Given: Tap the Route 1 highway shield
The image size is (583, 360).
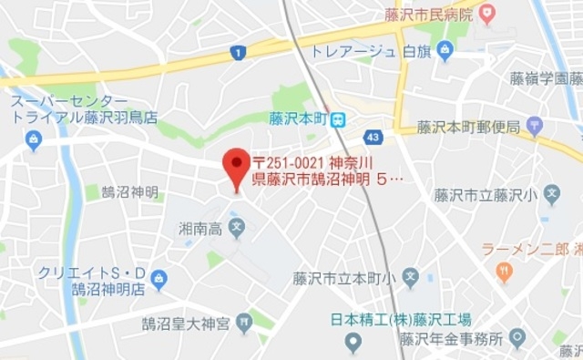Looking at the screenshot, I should [238, 53].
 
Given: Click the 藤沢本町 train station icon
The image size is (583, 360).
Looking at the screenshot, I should [338, 118].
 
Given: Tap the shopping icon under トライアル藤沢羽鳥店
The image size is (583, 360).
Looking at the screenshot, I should [34, 139].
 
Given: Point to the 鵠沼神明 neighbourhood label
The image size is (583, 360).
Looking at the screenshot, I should [130, 192].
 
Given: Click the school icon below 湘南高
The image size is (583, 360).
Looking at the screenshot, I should [237, 225].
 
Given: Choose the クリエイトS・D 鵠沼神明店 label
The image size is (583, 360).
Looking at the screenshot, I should [91, 281].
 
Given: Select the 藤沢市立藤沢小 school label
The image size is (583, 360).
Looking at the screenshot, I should [487, 194].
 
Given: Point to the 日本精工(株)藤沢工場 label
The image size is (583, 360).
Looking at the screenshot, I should [401, 319].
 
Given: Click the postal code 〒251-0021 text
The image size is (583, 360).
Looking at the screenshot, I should [291, 161].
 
